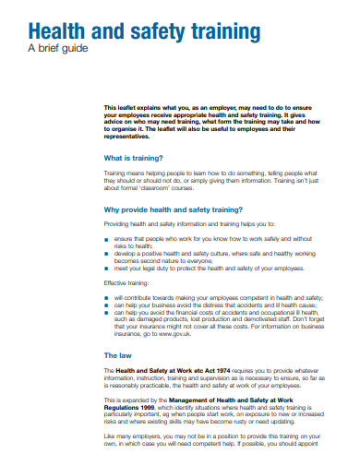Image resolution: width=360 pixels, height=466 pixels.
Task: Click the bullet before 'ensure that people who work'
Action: tap(107, 238)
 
